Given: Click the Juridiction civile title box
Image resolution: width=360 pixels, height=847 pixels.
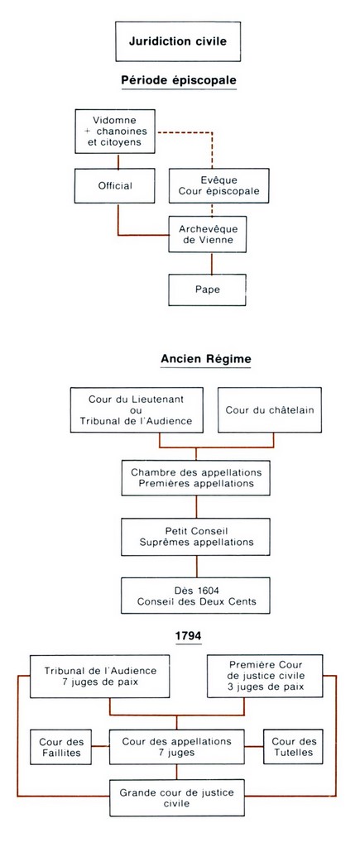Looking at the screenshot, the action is pos(178,41).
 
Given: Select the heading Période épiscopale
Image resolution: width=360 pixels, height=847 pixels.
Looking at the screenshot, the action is pos(179,80).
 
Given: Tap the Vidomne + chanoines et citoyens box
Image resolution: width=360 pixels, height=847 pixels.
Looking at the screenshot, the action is pos(115,131).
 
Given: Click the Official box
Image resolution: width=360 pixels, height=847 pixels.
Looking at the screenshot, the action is pos(115,186).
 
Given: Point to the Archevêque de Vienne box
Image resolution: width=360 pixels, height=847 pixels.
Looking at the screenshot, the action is pos(208,234).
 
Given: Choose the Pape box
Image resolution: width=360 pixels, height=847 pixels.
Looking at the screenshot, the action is pos(208,290).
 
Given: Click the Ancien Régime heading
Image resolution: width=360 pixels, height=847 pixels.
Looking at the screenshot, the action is pos(206,359).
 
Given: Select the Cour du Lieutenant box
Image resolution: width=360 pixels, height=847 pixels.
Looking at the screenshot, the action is pos(137,410).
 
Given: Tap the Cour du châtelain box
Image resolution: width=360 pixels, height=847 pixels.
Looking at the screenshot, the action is pos(270,410).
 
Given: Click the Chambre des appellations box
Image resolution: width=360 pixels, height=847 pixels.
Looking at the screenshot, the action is pos(195,477).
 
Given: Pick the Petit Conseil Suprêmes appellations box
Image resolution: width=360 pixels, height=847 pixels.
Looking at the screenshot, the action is pos(195,537).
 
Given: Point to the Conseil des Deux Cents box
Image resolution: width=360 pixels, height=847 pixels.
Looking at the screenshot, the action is pos(195,596).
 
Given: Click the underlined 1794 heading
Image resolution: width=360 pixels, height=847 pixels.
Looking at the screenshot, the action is pos(188,636).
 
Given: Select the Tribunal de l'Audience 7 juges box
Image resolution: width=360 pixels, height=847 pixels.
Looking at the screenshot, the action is pos(100,677).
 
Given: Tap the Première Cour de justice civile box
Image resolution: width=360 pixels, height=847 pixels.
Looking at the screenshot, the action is pos(266,677).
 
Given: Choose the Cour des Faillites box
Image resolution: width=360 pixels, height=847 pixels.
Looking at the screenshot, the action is pos(61,747).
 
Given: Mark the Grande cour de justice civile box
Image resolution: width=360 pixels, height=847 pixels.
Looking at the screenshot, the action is pos(177,797).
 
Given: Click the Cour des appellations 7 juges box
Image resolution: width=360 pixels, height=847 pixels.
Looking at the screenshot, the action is pos(177,747).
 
